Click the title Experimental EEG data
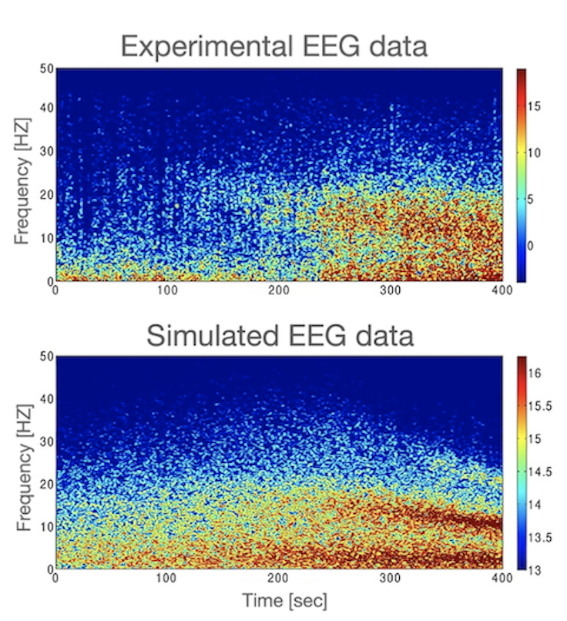274,47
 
